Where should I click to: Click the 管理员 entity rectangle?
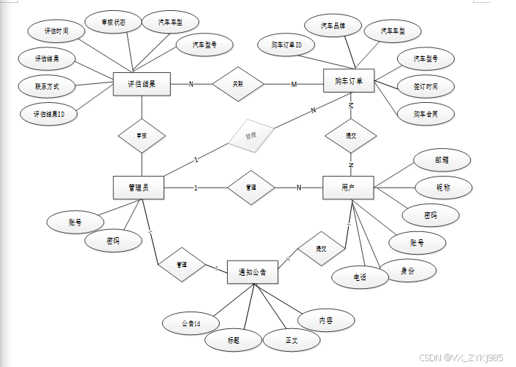pyautogui.click(x=138, y=188)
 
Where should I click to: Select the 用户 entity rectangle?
pyautogui.click(x=348, y=188)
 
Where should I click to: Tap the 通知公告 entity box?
pyautogui.click(x=252, y=272)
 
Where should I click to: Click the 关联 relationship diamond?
pyautogui.click(x=237, y=84)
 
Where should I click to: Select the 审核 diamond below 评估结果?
pyautogui.click(x=142, y=135)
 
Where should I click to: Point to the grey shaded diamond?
pyautogui.click(x=250, y=136)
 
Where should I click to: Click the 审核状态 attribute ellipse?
pyautogui.click(x=113, y=23)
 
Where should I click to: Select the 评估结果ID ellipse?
pyautogui.click(x=48, y=113)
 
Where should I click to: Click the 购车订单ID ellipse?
pyautogui.click(x=287, y=45)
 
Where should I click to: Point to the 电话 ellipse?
pyautogui.click(x=360, y=277)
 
